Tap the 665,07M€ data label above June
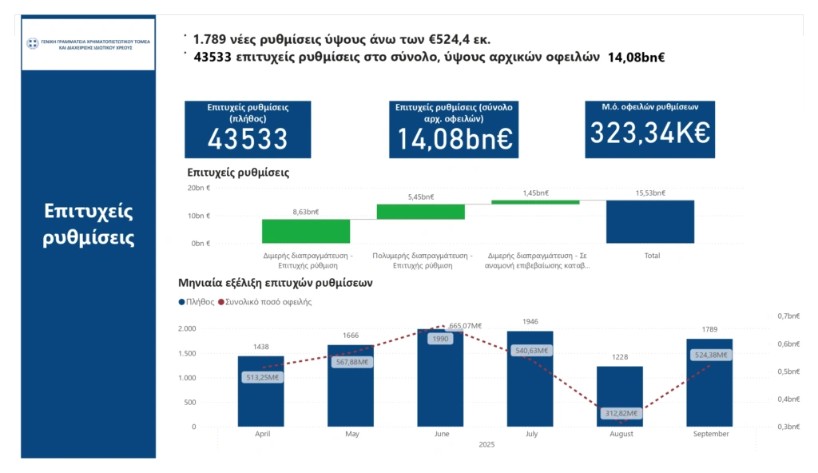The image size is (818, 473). (x=465, y=325)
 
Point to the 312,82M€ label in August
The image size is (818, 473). (x=620, y=413)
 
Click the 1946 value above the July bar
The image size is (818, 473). (x=530, y=321)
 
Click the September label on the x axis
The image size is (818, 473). (x=711, y=434)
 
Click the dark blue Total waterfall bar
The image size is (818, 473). (x=649, y=221)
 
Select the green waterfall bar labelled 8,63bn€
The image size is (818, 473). (x=306, y=231)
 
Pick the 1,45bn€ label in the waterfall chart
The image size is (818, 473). (x=535, y=193)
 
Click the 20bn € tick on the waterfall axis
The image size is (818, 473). (x=198, y=188)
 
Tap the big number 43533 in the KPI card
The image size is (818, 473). (x=248, y=139)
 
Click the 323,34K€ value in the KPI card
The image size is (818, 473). (x=649, y=133)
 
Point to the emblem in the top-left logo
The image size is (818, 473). (x=32, y=43)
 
